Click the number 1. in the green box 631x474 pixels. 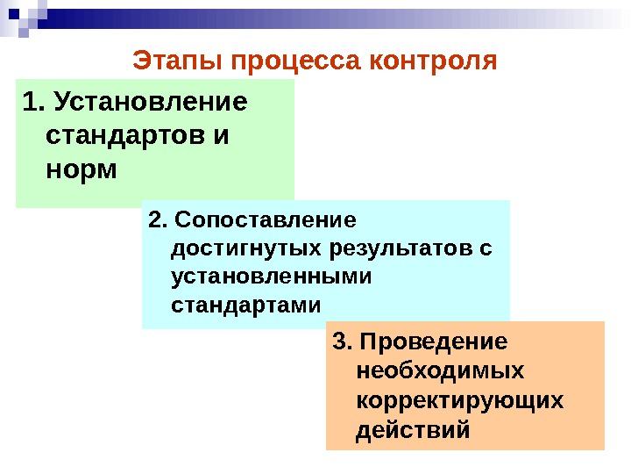(34, 104)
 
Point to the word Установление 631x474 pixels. (151, 104)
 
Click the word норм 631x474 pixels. (81, 169)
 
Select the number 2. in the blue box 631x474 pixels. (157, 218)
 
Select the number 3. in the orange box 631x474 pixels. (343, 340)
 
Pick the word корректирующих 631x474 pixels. (460, 400)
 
